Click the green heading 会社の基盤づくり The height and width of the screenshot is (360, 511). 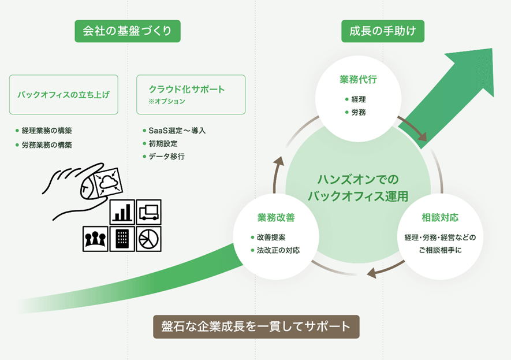(x=128, y=31)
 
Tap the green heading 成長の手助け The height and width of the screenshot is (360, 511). (x=383, y=31)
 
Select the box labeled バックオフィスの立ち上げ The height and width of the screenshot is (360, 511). (x=64, y=95)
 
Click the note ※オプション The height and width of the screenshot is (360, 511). (x=167, y=102)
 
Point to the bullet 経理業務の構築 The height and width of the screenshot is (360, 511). (x=44, y=131)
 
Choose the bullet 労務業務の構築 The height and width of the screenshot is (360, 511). (x=44, y=145)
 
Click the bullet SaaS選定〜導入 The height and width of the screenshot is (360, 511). (x=174, y=131)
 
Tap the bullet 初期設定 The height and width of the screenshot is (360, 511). (x=160, y=143)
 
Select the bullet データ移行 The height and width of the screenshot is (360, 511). (x=163, y=157)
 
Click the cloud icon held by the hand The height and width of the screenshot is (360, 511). (x=108, y=182)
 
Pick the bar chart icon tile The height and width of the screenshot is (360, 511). (x=122, y=212)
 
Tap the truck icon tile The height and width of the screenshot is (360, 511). (x=148, y=212)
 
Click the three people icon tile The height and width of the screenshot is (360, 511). (x=95, y=239)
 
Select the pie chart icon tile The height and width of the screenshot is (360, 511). (x=148, y=239)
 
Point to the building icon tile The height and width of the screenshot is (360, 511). (x=122, y=239)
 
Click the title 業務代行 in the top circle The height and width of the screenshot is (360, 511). (x=358, y=80)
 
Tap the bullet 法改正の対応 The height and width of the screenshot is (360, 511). (x=275, y=250)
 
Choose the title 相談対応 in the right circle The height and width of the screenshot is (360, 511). (x=440, y=217)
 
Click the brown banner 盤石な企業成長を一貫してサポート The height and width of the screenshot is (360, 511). (x=256, y=326)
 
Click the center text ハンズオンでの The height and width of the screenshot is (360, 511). (x=358, y=180)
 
